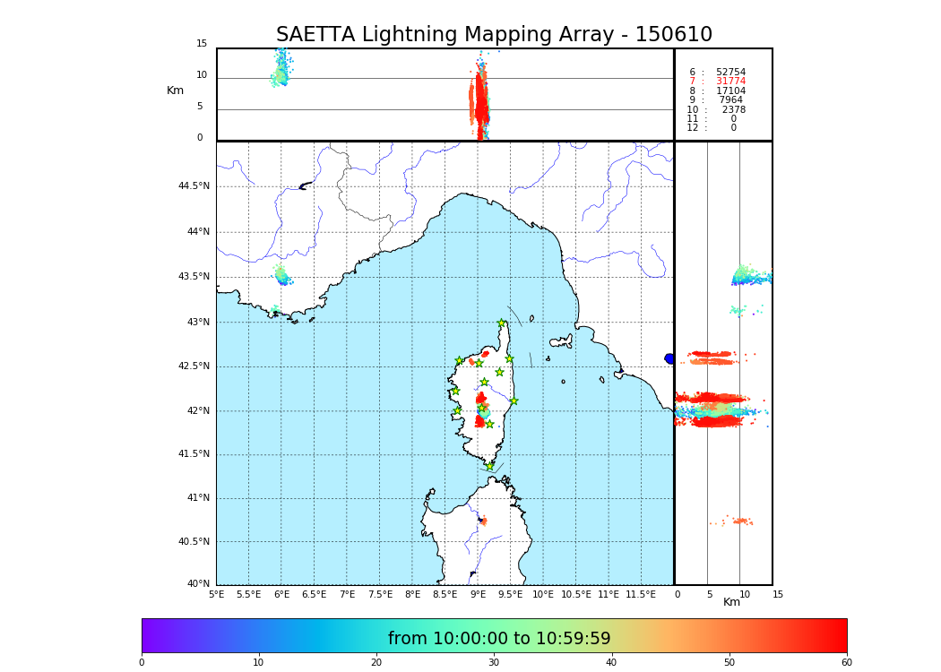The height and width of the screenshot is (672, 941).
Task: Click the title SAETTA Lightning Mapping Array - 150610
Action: [494, 35]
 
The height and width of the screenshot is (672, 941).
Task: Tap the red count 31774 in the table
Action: [730, 82]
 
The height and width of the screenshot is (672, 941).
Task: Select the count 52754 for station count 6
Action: [730, 73]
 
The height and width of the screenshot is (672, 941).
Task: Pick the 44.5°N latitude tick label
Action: [193, 186]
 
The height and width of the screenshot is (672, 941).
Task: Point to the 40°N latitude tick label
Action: [198, 584]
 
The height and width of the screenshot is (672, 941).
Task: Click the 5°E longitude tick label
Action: [217, 594]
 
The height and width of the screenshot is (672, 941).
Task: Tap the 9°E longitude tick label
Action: [478, 594]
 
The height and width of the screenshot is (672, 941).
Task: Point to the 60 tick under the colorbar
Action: [846, 663]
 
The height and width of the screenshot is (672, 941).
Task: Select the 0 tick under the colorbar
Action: [142, 663]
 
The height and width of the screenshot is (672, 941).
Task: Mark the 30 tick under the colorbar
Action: [494, 663]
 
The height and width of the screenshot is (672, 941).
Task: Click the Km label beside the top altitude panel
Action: [175, 90]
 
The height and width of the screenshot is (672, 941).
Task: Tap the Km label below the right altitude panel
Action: [731, 602]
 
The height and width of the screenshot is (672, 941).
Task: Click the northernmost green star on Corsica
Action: [502, 323]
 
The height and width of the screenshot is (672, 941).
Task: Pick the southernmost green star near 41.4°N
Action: [489, 466]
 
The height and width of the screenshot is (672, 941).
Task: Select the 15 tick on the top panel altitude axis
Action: [202, 44]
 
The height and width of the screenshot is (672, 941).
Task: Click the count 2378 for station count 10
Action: [733, 110]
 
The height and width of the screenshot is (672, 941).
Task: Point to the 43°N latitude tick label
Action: [197, 323]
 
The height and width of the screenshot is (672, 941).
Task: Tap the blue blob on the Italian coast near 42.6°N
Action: [669, 358]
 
